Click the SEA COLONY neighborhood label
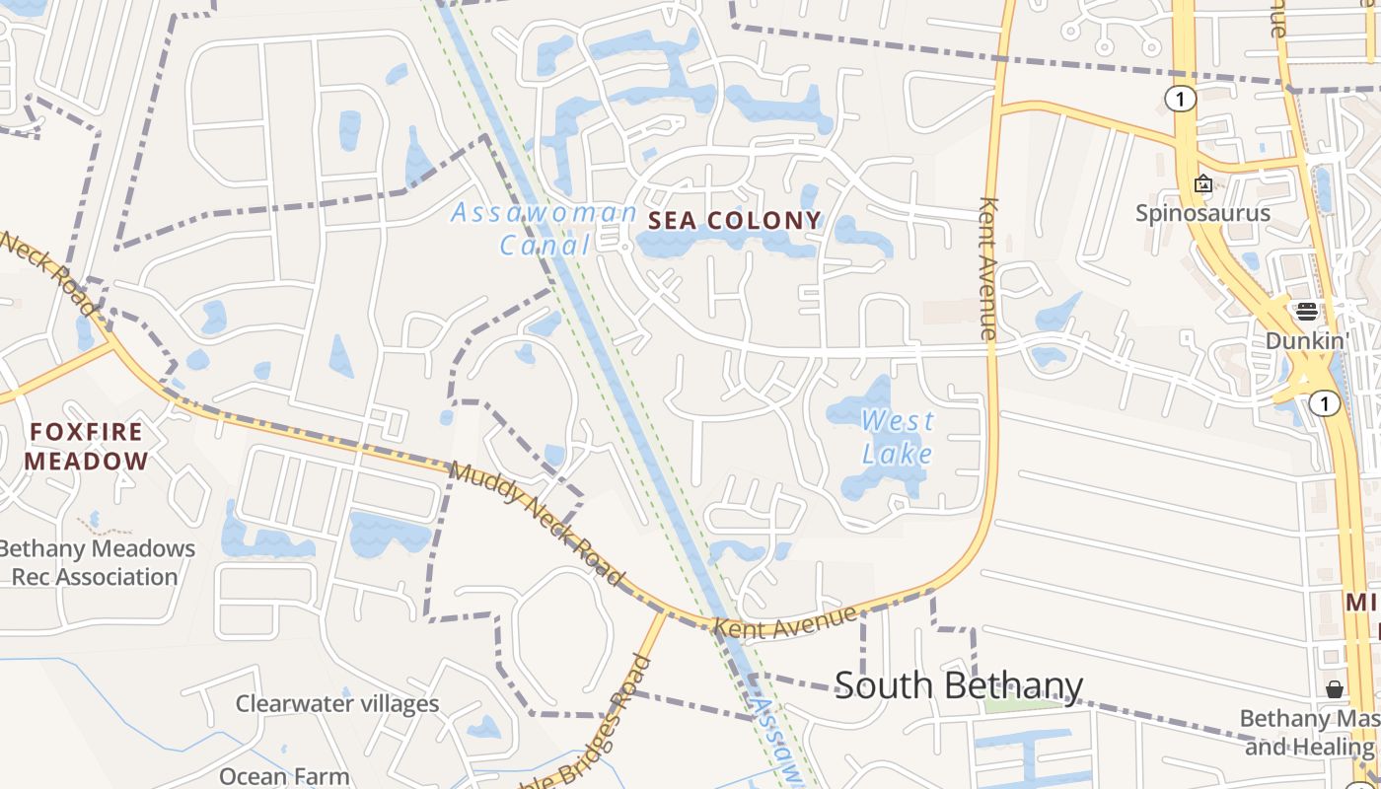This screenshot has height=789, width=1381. point(735,220)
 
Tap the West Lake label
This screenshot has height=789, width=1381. point(897,437)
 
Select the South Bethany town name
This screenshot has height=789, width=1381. point(958,684)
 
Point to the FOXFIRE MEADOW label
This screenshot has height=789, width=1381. point(86,446)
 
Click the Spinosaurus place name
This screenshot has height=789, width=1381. point(1202,213)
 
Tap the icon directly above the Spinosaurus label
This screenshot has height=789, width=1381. point(1203,183)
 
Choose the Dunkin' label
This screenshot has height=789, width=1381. point(1308,340)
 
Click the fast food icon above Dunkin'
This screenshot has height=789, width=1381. point(1307,312)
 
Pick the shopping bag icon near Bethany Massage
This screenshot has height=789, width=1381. point(1334,688)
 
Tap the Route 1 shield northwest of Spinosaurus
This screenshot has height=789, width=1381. point(1180,99)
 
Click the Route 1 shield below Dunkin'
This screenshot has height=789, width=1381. point(1325,402)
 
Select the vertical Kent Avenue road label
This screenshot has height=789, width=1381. point(988,268)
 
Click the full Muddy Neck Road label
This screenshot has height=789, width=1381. point(538,524)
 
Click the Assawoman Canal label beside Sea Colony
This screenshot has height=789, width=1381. point(545,228)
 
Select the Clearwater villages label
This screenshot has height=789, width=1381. point(336,703)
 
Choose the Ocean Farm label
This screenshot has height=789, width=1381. point(284,776)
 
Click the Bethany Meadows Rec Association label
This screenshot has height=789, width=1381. point(96,562)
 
